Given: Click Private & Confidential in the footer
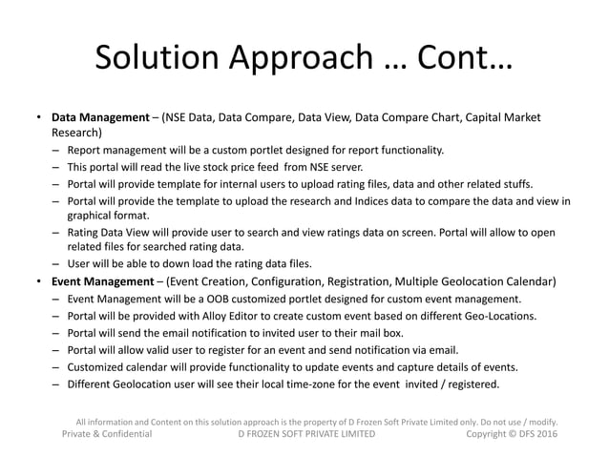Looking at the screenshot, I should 107,434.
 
